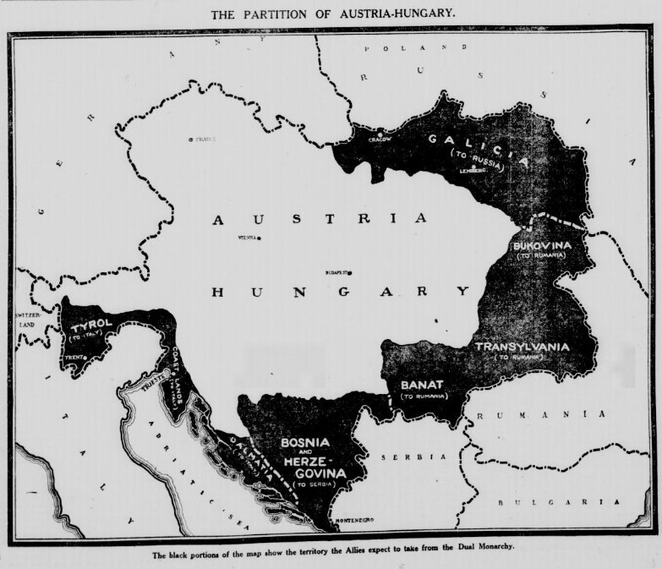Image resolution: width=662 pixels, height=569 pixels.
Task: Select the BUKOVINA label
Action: pyautogui.click(x=542, y=245)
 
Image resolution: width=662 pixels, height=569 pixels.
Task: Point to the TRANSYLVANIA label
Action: pyautogui.click(x=522, y=347)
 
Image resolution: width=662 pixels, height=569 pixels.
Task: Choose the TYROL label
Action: pyautogui.click(x=91, y=326)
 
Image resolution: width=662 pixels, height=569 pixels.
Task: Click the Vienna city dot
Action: pyautogui.click(x=259, y=238)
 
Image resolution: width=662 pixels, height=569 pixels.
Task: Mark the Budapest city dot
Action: pyautogui.click(x=350, y=272)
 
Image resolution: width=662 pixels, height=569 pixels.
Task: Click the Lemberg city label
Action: pyautogui.click(x=473, y=170)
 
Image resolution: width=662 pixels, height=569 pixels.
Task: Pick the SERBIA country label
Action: pyautogui.click(x=401, y=457)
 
